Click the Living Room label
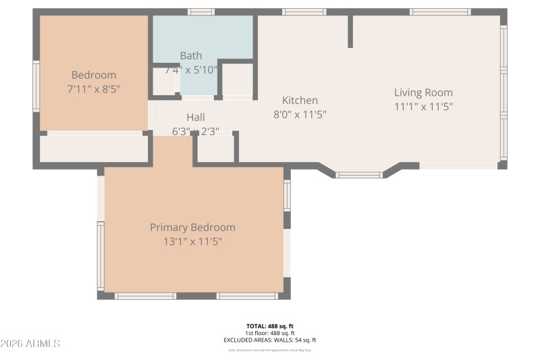click(x=423, y=93)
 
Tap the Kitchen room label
click(x=300, y=101)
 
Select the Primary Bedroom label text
click(x=192, y=228)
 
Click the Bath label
click(x=190, y=55)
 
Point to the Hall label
click(x=195, y=118)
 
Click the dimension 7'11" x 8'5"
click(x=94, y=88)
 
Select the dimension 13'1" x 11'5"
click(x=192, y=241)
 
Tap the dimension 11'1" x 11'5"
click(x=423, y=106)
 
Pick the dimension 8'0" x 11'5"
click(x=300, y=114)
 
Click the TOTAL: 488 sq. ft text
click(x=269, y=326)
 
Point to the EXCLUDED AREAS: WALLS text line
click(x=269, y=340)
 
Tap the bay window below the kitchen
click(x=359, y=175)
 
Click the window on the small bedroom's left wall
click(x=36, y=86)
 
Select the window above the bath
click(x=200, y=11)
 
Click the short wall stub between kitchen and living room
click(x=350, y=31)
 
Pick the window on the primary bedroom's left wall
click(x=101, y=255)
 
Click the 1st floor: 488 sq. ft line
click(x=269, y=333)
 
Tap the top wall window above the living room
click(x=440, y=11)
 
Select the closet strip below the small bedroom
click(x=94, y=149)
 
